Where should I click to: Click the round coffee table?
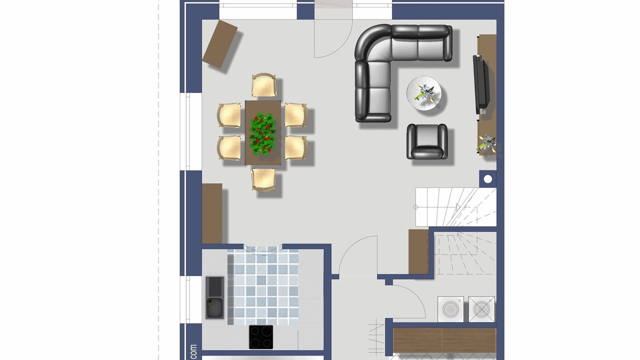click(x=423, y=93)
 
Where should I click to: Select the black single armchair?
click(x=427, y=141)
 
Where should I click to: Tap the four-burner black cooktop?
click(x=261, y=337)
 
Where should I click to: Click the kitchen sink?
click(x=215, y=297)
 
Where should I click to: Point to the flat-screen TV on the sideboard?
click(x=481, y=85)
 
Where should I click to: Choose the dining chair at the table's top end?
click(x=264, y=85)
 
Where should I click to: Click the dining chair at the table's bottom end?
click(x=263, y=180)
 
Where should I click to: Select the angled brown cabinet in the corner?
click(x=219, y=44)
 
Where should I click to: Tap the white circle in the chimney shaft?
click(x=488, y=179)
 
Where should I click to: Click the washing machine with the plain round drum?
click(x=451, y=309)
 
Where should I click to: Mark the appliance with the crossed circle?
click(x=481, y=309)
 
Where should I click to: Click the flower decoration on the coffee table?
click(x=425, y=92)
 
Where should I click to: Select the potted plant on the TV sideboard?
click(x=487, y=143)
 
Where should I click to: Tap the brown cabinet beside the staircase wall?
click(x=418, y=251)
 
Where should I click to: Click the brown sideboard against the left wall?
click(x=212, y=213)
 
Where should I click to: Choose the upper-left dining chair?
click(x=229, y=115)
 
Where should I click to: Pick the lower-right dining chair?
click(x=296, y=147)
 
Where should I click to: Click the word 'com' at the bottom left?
click(x=194, y=352)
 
